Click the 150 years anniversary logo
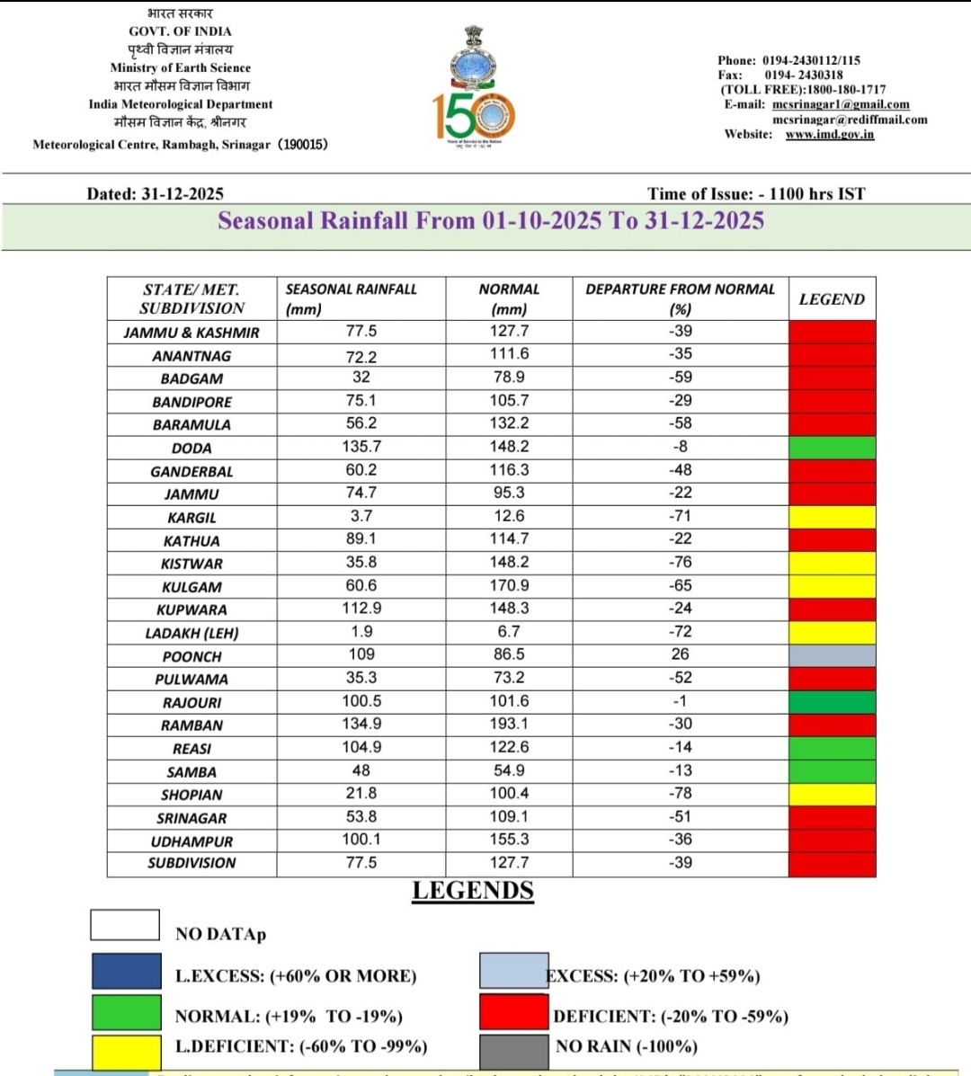click(x=474, y=115)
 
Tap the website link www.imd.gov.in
click(x=829, y=134)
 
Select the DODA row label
click(x=192, y=448)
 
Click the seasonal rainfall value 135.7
click(x=361, y=447)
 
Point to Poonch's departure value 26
click(x=680, y=654)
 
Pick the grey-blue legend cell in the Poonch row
click(x=832, y=655)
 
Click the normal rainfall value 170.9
click(x=509, y=585)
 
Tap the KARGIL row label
click(x=192, y=518)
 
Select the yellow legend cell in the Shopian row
click(x=832, y=794)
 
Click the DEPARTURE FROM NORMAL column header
click(x=680, y=298)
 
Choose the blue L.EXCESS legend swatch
click(x=126, y=972)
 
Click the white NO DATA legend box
click(x=125, y=925)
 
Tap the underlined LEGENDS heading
click(x=473, y=891)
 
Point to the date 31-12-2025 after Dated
click(x=183, y=194)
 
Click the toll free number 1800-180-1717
click(x=846, y=90)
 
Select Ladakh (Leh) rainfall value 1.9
click(x=361, y=632)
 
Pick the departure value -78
click(x=680, y=794)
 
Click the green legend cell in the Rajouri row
click(x=832, y=701)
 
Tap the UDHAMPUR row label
click(x=192, y=841)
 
